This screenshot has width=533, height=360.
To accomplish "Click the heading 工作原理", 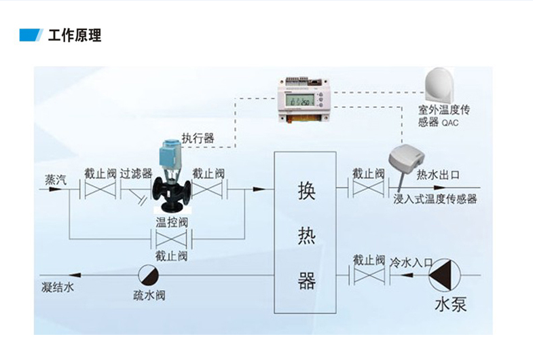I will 75,35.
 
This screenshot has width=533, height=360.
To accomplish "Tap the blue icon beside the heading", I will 31,35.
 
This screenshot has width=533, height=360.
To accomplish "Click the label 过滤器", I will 136,174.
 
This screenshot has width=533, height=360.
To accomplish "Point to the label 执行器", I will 198,138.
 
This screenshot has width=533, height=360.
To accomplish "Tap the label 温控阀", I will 172,222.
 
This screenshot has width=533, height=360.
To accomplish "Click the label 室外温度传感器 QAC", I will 444,115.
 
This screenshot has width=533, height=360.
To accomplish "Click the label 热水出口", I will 437,175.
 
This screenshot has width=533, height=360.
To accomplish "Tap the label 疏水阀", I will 149,295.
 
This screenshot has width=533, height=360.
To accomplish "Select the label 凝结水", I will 57,288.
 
